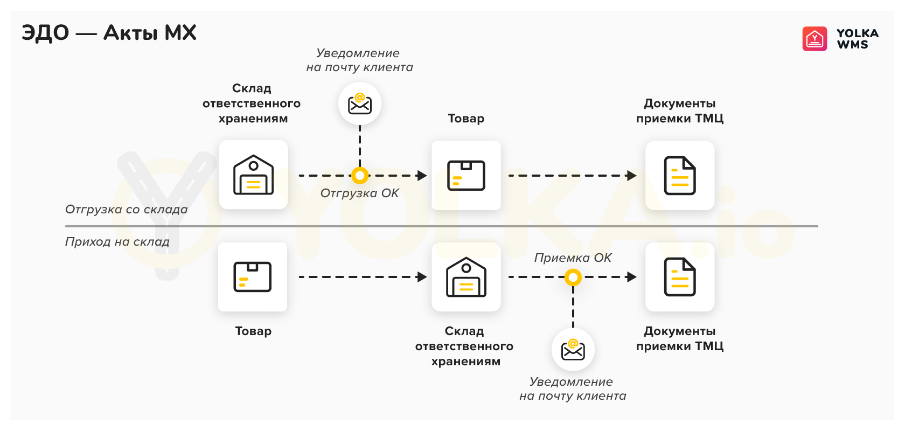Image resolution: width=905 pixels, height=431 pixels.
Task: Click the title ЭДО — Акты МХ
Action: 109,33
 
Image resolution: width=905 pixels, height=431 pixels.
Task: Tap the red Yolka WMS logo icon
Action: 814,39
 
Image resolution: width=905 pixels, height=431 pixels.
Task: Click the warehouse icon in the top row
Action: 253,175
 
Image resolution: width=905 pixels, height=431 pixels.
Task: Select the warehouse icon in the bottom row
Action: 466,277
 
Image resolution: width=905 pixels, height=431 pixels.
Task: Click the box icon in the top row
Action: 466,176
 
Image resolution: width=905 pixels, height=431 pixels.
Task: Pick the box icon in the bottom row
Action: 252,277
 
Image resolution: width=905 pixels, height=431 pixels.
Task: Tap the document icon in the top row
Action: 680,176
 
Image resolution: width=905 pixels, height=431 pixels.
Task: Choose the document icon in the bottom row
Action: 680,277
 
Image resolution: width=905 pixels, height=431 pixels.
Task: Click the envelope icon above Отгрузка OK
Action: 360,103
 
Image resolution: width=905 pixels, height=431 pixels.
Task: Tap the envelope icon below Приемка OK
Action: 573,350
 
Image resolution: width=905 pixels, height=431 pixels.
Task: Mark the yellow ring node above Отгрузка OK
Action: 360,176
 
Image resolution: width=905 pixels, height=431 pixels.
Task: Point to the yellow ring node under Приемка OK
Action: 573,277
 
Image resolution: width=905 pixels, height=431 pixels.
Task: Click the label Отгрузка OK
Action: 359,193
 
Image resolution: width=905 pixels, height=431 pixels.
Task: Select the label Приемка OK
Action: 573,258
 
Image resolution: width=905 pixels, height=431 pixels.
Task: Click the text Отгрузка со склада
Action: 126,210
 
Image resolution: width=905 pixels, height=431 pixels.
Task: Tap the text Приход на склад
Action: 117,242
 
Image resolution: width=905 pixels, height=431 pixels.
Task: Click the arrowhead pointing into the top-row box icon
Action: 422,176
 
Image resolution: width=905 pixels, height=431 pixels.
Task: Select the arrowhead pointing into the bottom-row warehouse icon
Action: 422,277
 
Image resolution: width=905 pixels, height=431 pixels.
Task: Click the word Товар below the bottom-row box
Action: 253,331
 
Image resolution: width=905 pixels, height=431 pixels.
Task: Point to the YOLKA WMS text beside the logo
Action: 857,39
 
